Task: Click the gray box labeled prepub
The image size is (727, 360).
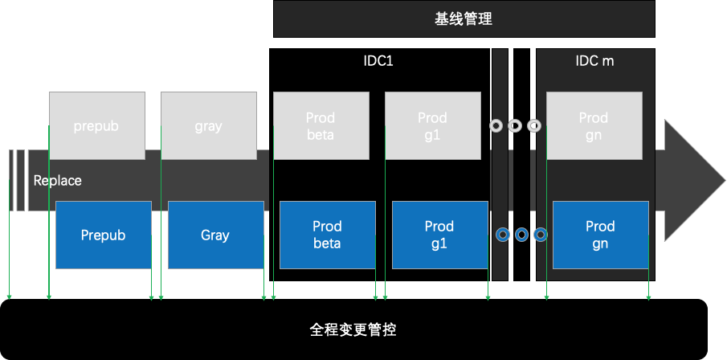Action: (96, 125)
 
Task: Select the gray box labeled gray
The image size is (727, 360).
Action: (208, 125)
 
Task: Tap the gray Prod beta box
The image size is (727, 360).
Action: (321, 125)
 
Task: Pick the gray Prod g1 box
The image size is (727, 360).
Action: (432, 125)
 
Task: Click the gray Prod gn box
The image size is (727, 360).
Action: (594, 125)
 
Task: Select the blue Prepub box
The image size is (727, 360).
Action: (103, 235)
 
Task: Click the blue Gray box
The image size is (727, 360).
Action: (215, 235)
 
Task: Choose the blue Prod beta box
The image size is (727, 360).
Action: (327, 235)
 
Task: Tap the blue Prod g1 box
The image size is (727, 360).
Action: (439, 235)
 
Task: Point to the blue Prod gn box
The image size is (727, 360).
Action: (600, 235)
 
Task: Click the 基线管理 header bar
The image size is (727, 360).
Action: (464, 19)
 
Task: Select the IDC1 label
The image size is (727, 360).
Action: (378, 61)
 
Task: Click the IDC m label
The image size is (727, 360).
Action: (595, 61)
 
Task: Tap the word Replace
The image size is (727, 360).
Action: (57, 181)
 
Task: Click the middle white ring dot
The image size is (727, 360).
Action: (515, 126)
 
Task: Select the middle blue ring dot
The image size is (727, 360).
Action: (521, 235)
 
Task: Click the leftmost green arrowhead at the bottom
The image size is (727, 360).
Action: (10, 298)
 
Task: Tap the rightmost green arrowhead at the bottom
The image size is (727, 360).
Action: (648, 298)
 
